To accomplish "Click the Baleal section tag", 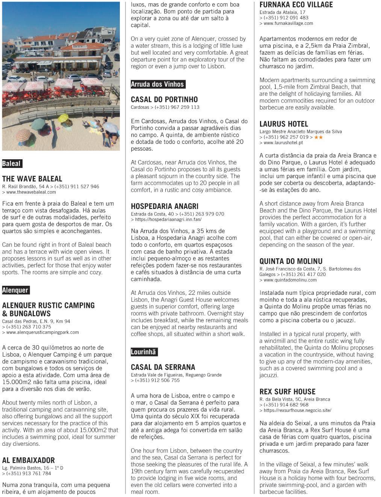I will pos(12,164).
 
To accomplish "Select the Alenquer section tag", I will pos(15,290).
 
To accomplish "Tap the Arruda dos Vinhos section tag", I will pos(157,84).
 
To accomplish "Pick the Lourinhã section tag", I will pos(144,352).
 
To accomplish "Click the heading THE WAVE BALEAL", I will pos(32,179).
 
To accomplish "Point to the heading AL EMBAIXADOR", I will pos(29,460).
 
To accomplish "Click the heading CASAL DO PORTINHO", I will pos(164,99).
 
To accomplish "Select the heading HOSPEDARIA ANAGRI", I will pos(165,206).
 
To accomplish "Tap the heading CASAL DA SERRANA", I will pos(163,367).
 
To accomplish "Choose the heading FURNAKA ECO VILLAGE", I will pos(296,5).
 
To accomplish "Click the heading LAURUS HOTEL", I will pos(284,124).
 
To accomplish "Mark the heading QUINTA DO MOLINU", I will pos(291,261).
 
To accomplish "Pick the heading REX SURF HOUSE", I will pos(287,392).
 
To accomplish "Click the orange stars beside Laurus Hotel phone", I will pos(318,137).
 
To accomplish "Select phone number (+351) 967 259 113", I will pos(177,107).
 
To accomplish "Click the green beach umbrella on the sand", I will pos(38,123).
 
